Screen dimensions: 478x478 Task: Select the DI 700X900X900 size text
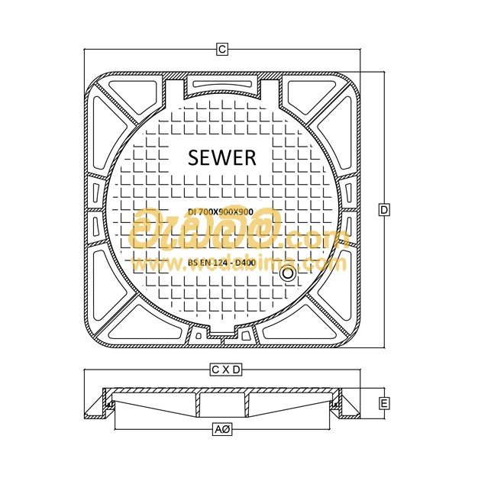click(x=221, y=210)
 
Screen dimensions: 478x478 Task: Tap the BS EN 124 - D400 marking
click(x=221, y=262)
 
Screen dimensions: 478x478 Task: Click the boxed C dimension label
click(x=221, y=50)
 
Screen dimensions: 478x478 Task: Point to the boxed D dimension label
click(x=385, y=209)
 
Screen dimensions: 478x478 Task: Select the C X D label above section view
click(x=226, y=370)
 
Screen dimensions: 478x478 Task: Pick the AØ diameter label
click(x=222, y=431)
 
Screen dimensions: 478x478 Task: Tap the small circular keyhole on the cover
click(x=288, y=273)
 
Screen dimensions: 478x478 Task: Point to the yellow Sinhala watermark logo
click(x=202, y=229)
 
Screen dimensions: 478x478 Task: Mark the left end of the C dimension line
click(x=83, y=50)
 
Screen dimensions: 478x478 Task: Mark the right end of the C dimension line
click(x=360, y=50)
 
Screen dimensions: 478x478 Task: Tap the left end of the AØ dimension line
click(x=115, y=431)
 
